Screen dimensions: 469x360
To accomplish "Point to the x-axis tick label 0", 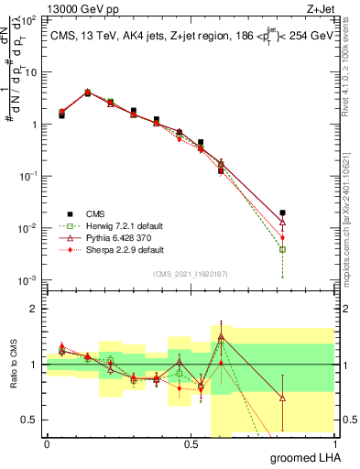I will click(x=47, y=443).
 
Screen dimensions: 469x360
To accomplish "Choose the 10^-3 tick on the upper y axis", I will click(x=30, y=279).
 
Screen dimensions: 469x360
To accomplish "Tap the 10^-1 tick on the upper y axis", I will click(x=30, y=176).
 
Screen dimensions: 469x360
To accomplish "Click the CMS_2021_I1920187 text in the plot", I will click(x=191, y=274).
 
